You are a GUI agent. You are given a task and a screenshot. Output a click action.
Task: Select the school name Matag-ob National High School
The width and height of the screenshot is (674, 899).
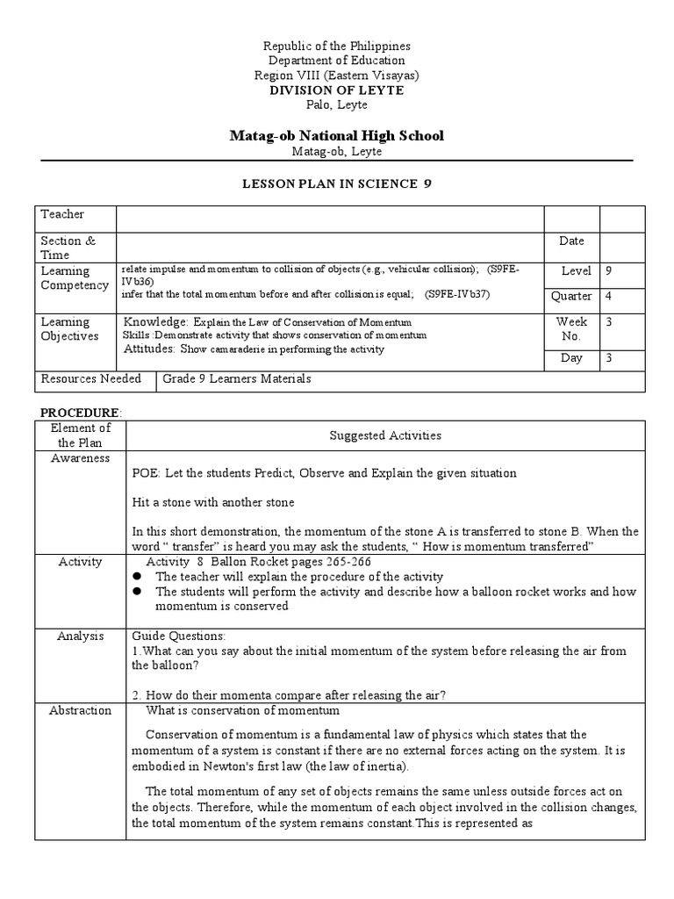pos(337,135)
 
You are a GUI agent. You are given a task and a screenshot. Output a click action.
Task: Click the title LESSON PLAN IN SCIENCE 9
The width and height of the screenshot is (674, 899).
pos(337,183)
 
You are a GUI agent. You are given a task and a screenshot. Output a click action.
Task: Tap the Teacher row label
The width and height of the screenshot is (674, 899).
pos(62,214)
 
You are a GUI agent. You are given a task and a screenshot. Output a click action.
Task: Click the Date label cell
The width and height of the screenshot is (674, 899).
pos(571,241)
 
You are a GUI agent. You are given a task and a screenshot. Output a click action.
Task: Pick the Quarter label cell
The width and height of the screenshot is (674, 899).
pos(571,297)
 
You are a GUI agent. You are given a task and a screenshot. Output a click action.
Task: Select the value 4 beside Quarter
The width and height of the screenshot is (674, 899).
pos(610,297)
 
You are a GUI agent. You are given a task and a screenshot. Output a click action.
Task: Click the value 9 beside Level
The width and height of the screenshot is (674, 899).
pos(610,271)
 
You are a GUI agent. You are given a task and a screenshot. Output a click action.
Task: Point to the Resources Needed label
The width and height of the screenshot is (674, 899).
pos(90,378)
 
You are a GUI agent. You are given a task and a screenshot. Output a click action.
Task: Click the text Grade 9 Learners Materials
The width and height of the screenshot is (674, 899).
pos(237,378)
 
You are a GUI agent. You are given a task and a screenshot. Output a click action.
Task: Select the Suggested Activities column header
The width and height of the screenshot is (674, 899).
pos(385,435)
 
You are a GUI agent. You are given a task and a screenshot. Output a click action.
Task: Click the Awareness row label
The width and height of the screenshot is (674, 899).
pos(80,458)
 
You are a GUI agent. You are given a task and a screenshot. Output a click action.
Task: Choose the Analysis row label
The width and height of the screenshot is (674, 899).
pos(80,636)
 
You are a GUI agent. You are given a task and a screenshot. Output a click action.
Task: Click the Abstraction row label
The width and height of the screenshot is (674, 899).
pos(80,710)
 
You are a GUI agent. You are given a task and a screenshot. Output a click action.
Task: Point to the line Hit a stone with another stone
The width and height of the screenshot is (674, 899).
pos(213,503)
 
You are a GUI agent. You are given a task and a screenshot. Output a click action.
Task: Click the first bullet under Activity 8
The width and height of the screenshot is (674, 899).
pos(138,577)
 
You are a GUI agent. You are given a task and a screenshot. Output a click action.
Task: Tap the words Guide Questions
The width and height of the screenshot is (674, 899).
pos(179,636)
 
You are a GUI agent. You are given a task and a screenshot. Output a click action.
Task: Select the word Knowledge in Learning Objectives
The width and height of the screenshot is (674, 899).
pos(155,321)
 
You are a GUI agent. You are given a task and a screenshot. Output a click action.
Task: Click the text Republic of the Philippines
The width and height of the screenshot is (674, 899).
pos(337,46)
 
